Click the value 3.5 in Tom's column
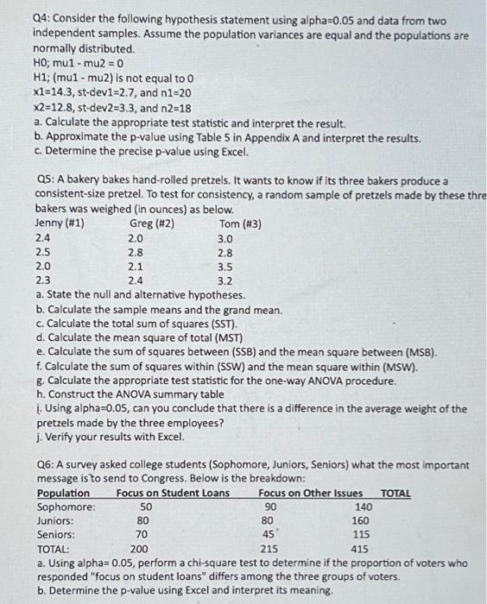point(225,267)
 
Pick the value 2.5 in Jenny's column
point(43,252)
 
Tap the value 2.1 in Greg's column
point(136,267)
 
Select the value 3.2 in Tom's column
point(225,280)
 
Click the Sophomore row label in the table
point(67,506)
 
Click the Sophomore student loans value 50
point(146,506)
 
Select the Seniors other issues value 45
point(269,534)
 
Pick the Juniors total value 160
point(361,520)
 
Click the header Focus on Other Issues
point(310,493)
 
